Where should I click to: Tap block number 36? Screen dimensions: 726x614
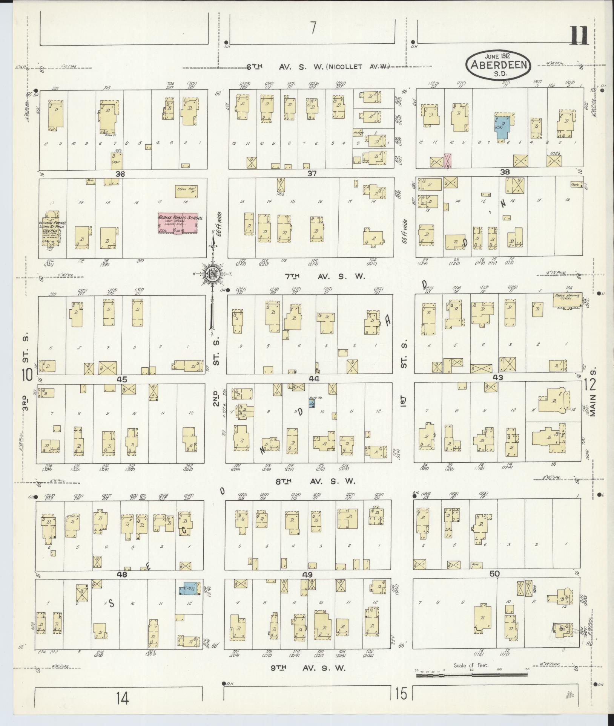click(x=120, y=174)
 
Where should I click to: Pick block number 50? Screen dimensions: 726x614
click(x=494, y=584)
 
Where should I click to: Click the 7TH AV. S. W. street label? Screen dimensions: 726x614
click(x=325, y=277)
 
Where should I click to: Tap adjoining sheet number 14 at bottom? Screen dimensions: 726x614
click(x=122, y=699)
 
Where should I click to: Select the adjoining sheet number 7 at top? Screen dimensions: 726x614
click(x=313, y=28)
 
